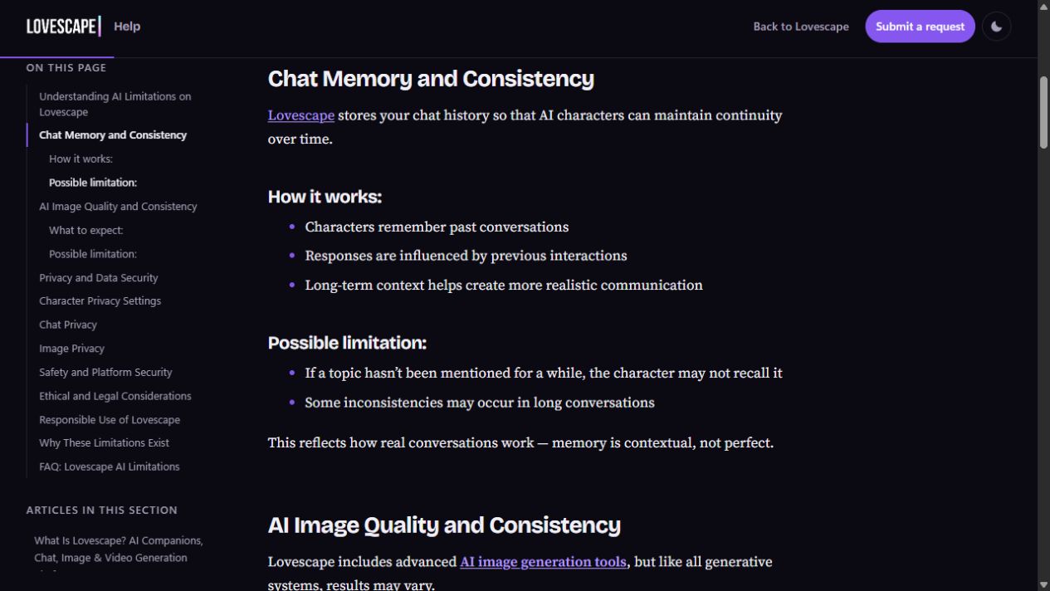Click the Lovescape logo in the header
(x=64, y=27)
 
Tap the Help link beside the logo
(x=127, y=27)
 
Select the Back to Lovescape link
(x=801, y=27)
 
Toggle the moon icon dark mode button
(x=996, y=27)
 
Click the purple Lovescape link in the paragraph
(x=301, y=115)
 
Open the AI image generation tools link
(x=543, y=561)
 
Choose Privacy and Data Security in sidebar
(x=99, y=277)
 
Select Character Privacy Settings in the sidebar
(x=100, y=300)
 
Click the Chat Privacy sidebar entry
(x=68, y=325)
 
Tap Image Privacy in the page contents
(x=71, y=349)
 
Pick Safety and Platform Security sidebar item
(x=105, y=372)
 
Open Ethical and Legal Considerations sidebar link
(x=115, y=396)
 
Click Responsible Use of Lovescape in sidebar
(x=110, y=419)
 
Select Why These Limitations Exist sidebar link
(x=104, y=443)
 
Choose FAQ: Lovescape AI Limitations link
(x=110, y=466)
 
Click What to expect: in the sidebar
(x=86, y=230)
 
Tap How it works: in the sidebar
(x=81, y=159)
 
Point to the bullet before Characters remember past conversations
(x=292, y=227)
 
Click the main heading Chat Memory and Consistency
(x=431, y=79)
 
